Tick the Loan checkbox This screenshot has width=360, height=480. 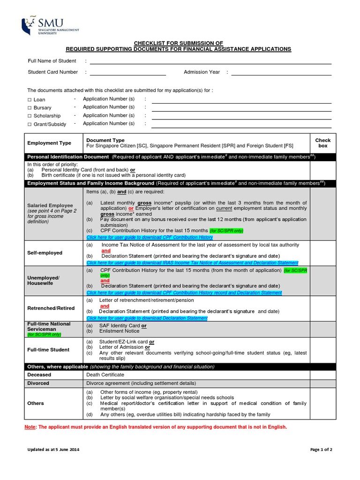point(29,100)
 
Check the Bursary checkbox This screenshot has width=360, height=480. point(29,108)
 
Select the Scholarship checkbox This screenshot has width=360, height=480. point(29,116)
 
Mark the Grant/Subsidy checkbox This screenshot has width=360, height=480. point(29,124)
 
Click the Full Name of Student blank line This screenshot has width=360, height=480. point(210,61)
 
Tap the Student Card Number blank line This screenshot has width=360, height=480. point(127,73)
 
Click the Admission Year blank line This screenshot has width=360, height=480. point(281,73)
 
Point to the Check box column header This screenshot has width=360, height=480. point(322,143)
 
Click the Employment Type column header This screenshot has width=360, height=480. point(49,143)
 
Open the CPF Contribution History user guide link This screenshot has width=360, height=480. point(149,237)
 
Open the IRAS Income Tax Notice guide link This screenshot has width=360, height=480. point(192,263)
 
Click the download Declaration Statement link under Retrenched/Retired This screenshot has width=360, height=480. point(147,318)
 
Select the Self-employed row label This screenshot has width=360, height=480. point(45,253)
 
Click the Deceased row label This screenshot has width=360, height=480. point(39,375)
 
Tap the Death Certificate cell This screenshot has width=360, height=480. point(105,375)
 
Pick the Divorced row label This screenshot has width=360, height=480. point(38,383)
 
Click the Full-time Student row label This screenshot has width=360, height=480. point(48,350)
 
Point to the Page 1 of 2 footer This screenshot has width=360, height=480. point(321,450)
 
